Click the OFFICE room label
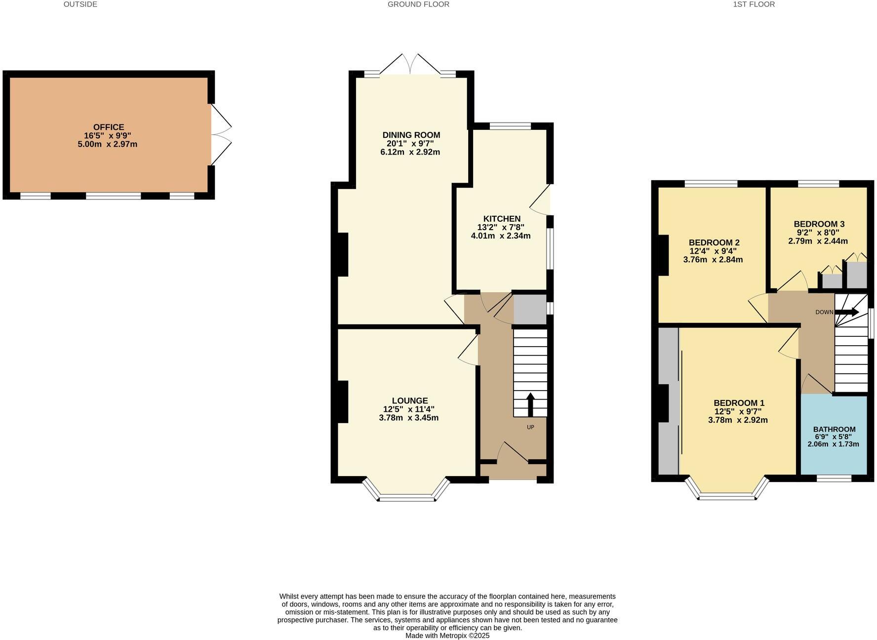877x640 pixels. click(x=109, y=127)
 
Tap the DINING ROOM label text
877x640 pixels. click(x=411, y=135)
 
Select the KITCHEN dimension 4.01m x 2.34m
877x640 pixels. click(x=501, y=236)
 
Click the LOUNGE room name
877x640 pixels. click(x=410, y=400)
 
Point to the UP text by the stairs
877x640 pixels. click(x=530, y=427)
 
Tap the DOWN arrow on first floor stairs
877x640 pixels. click(x=846, y=312)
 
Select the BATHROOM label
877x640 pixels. click(x=834, y=429)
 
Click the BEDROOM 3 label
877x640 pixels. click(x=819, y=224)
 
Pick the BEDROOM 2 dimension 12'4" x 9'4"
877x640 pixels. click(x=713, y=251)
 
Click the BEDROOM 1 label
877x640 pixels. click(x=739, y=403)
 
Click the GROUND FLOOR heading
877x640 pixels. click(x=418, y=4)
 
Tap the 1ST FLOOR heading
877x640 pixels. click(x=754, y=4)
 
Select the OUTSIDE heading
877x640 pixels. click(x=80, y=4)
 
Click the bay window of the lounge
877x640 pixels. click(x=407, y=496)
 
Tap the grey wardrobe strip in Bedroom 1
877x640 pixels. click(x=668, y=400)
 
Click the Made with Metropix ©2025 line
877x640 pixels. click(x=447, y=636)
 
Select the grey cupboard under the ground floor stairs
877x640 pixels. click(x=530, y=310)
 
